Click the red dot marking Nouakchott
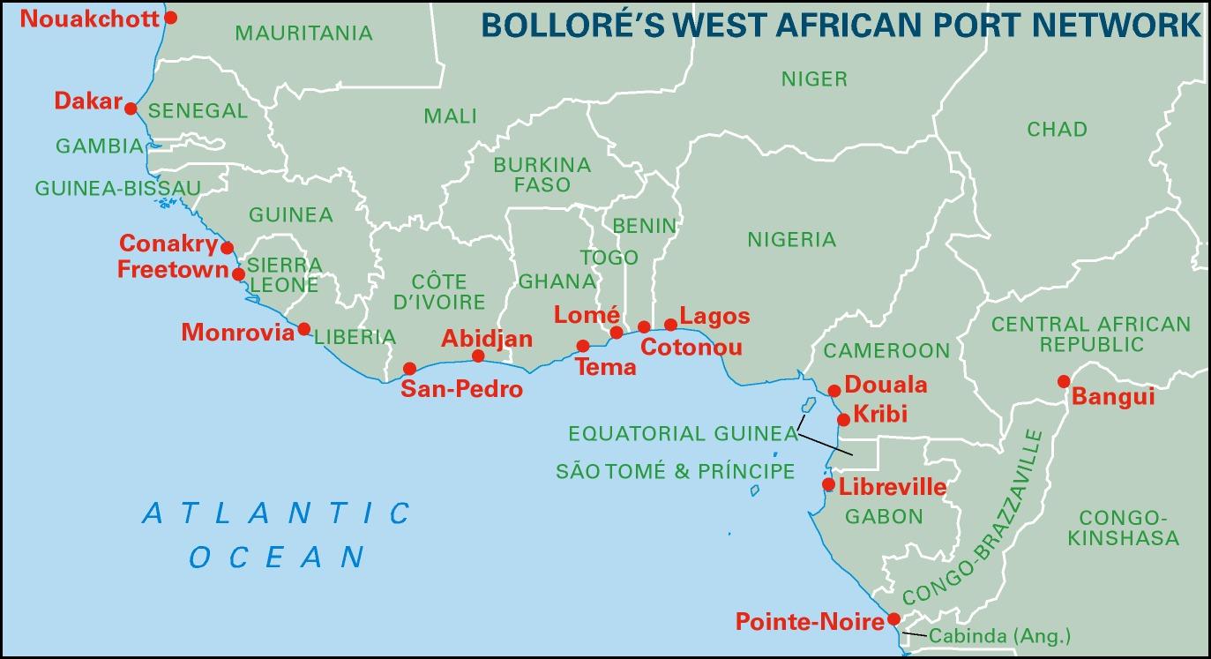(x=171, y=17)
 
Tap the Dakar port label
(x=87, y=101)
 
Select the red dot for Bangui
(x=1064, y=381)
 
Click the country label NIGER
(x=814, y=79)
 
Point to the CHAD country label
(x=1057, y=130)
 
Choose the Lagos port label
(x=715, y=316)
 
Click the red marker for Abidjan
(x=478, y=356)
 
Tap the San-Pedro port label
(x=461, y=389)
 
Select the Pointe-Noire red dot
(x=893, y=618)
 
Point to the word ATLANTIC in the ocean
(x=276, y=513)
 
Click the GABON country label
(x=884, y=517)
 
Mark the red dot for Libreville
(x=828, y=484)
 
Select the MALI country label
(x=450, y=116)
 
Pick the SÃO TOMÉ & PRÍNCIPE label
(x=675, y=471)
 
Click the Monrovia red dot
(x=304, y=329)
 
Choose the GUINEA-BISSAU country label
(x=117, y=188)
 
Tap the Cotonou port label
(x=691, y=348)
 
